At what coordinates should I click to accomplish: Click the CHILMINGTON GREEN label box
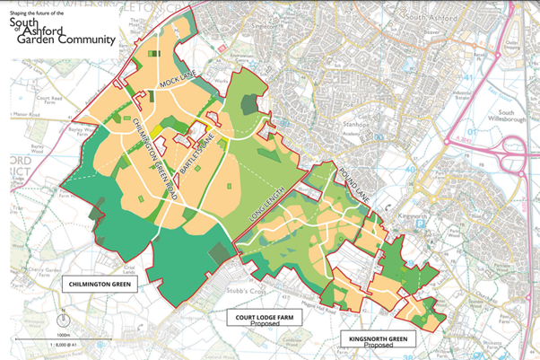[96, 283]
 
